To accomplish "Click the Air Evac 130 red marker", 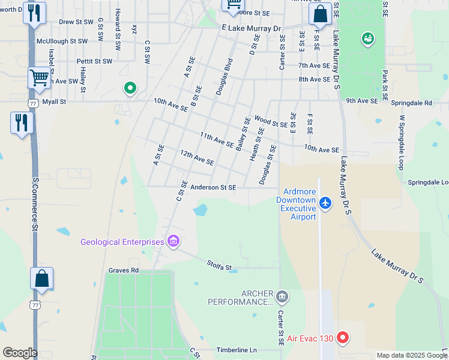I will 343,338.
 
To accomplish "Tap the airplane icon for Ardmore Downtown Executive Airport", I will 325,203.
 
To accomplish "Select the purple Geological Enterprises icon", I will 173,242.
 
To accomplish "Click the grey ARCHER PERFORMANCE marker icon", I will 282,296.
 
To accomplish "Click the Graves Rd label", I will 123,270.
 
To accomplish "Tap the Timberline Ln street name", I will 237,350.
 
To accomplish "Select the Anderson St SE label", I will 213,187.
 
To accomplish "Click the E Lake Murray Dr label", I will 251,28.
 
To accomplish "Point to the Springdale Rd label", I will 411,103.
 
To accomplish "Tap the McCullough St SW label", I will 62,41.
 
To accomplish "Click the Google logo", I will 20,352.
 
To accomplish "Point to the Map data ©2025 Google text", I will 411,355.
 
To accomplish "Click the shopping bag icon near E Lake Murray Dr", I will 321,14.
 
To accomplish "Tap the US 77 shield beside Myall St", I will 33,103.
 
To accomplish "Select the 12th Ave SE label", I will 197,158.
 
